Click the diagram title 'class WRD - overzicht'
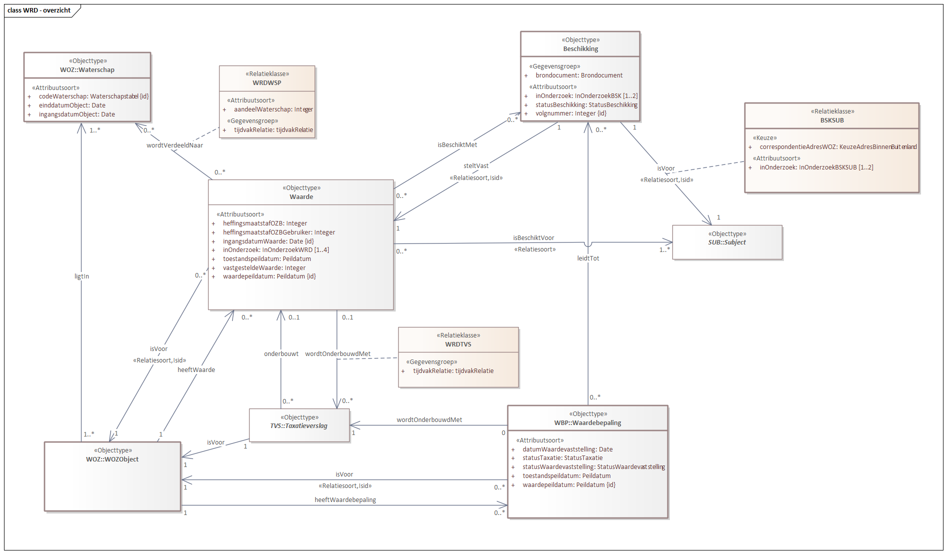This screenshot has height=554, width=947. click(39, 10)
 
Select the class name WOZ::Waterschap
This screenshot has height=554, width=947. click(87, 69)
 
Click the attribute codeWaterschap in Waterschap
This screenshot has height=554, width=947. click(93, 96)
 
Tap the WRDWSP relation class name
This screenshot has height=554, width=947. click(267, 82)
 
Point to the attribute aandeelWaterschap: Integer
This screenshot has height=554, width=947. click(273, 109)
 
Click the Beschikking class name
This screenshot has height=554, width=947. click(580, 48)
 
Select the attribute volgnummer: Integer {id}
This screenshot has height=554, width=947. click(571, 113)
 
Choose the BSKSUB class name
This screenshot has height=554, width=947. click(831, 120)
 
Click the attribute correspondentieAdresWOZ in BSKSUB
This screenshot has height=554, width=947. click(837, 146)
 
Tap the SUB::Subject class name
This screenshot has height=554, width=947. click(726, 242)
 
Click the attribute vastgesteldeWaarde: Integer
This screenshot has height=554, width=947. click(264, 267)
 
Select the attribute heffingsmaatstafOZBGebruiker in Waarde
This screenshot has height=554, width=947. click(279, 232)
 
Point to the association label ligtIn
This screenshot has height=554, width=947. click(82, 276)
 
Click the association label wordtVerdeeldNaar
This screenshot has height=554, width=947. click(175, 145)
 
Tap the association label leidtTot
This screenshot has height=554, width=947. click(588, 258)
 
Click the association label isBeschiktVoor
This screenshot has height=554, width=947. click(533, 237)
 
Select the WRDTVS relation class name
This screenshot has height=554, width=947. click(458, 344)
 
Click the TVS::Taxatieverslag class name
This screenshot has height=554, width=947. click(299, 425)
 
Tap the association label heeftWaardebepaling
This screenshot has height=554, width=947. click(345, 499)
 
